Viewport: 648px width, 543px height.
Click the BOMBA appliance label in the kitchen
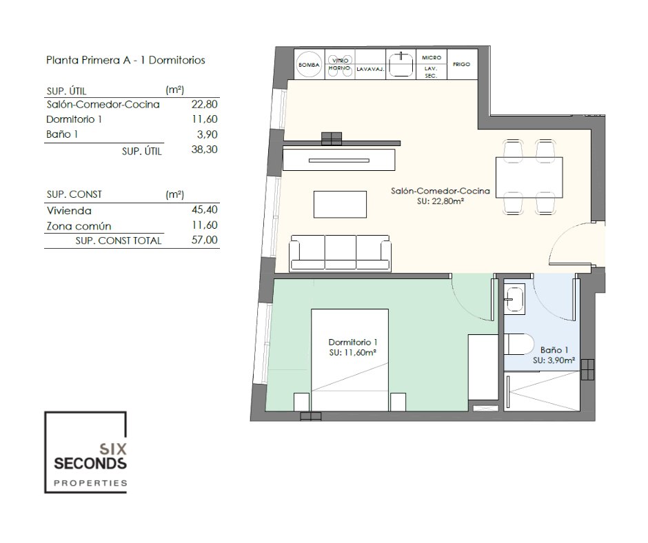click(x=309, y=65)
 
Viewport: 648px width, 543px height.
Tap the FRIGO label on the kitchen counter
click(x=461, y=64)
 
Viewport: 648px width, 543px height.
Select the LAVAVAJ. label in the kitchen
click(x=370, y=69)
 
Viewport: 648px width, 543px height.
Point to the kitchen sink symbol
click(x=401, y=64)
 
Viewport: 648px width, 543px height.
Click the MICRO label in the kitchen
click(x=432, y=57)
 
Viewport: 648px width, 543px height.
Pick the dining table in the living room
click(x=529, y=178)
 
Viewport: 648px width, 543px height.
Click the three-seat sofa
click(x=340, y=254)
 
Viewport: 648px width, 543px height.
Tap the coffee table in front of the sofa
click(x=340, y=204)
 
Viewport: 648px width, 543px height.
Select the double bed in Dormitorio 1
click(x=350, y=360)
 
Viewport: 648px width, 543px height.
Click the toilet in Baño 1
click(x=516, y=345)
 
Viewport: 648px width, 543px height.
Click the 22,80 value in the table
click(x=204, y=104)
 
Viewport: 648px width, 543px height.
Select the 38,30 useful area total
click(x=204, y=149)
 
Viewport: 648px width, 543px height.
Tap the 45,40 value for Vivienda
click(x=205, y=209)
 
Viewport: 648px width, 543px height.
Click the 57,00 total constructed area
click(x=205, y=240)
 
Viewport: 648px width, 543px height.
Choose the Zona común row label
click(x=79, y=226)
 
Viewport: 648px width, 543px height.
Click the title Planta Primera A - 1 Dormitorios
click(x=125, y=61)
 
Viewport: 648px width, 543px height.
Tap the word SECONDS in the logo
click(x=90, y=464)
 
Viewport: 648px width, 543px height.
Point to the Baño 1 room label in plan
click(x=554, y=350)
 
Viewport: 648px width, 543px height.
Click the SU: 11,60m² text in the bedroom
click(x=352, y=353)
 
